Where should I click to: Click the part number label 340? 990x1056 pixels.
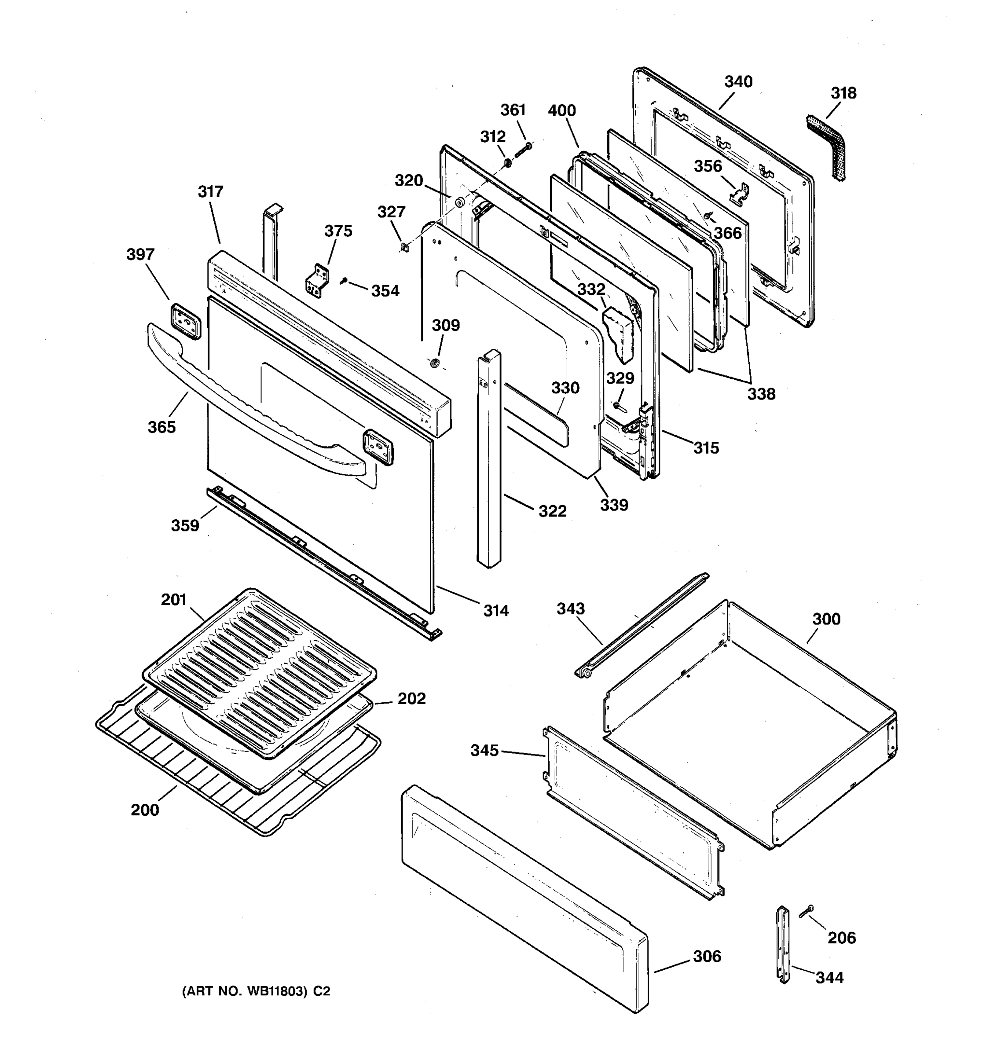(738, 81)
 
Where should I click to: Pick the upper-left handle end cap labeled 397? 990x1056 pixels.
(185, 321)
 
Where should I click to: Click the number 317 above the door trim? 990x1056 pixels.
(210, 191)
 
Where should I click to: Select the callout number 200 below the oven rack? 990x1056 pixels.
(144, 810)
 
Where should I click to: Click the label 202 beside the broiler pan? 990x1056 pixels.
(411, 698)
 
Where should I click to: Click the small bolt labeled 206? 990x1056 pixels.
(806, 911)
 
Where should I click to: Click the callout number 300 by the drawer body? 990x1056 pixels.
(826, 619)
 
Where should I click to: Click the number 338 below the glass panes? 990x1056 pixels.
(761, 394)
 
